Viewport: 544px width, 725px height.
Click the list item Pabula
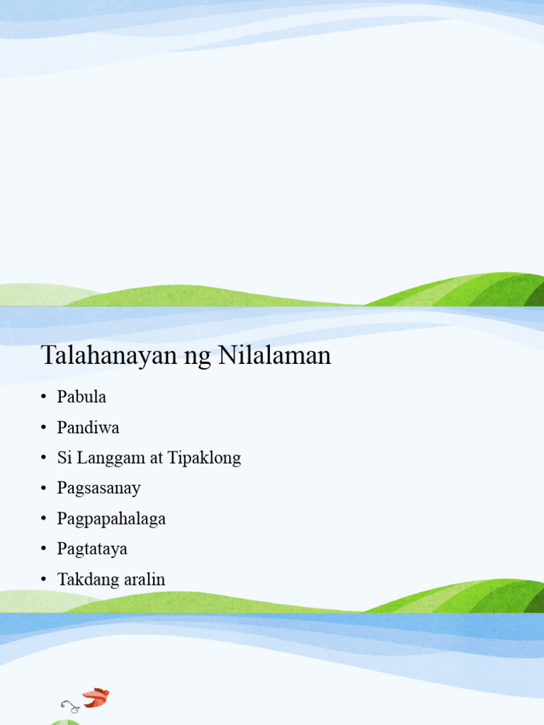(x=81, y=397)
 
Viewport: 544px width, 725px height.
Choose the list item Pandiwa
(x=88, y=428)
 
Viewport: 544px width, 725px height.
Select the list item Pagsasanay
(x=98, y=489)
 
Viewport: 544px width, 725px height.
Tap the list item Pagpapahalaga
(x=111, y=519)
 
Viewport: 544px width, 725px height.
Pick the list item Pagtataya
(x=92, y=549)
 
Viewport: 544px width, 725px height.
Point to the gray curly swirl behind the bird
(x=70, y=705)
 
